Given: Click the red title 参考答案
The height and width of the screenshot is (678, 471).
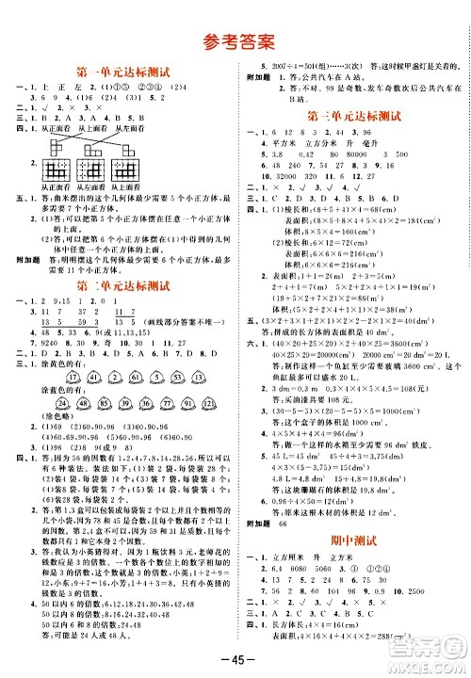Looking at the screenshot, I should click(x=235, y=40).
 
